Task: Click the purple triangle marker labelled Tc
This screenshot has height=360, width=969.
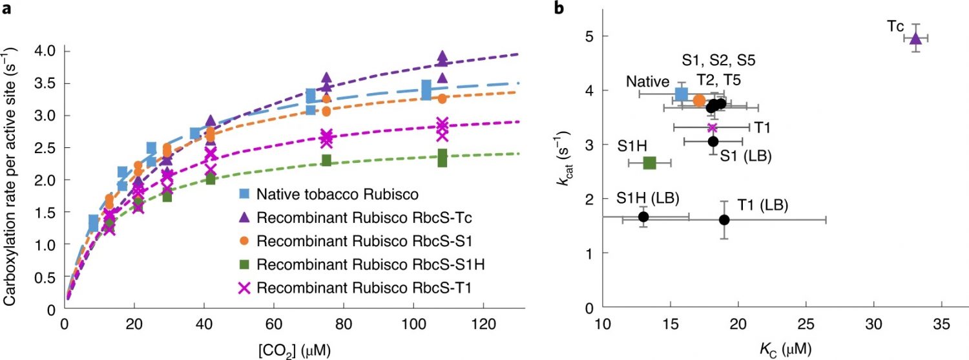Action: pyautogui.click(x=915, y=39)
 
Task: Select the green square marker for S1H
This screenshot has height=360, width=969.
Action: pyautogui.click(x=650, y=163)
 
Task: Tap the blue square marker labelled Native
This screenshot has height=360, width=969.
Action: pyautogui.click(x=681, y=94)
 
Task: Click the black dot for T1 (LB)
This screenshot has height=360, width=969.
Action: pyautogui.click(x=724, y=220)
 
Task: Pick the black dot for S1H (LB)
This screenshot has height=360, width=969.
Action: pyautogui.click(x=643, y=217)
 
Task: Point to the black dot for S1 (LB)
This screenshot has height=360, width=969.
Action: pyautogui.click(x=713, y=141)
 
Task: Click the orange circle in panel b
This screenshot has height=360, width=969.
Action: pyautogui.click(x=699, y=100)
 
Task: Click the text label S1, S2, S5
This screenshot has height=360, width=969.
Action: pyautogui.click(x=719, y=61)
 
